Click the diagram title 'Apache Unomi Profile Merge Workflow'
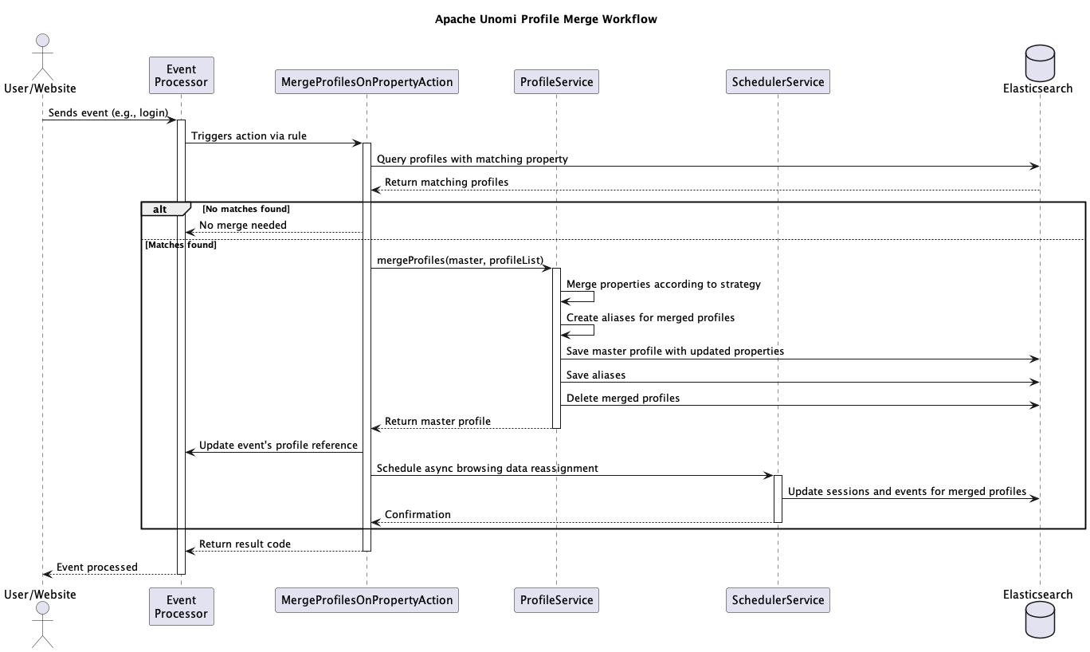(x=546, y=19)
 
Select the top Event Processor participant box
(x=182, y=76)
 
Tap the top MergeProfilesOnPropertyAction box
(x=367, y=82)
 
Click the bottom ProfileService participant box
(x=556, y=600)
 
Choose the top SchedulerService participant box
(x=778, y=82)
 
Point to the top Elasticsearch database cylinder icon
(x=1040, y=63)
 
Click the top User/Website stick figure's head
(x=43, y=41)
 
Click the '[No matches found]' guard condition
(x=246, y=209)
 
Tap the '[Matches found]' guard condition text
(x=181, y=245)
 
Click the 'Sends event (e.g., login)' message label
(x=108, y=112)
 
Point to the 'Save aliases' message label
(x=596, y=375)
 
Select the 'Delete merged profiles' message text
(x=623, y=398)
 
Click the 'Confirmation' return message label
(x=418, y=514)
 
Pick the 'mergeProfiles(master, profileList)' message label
(x=460, y=260)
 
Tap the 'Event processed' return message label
(x=97, y=567)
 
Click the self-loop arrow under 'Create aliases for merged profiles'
(x=594, y=330)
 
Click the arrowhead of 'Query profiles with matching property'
(x=1035, y=166)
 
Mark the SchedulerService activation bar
(x=778, y=499)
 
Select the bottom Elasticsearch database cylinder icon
(x=1040, y=619)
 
